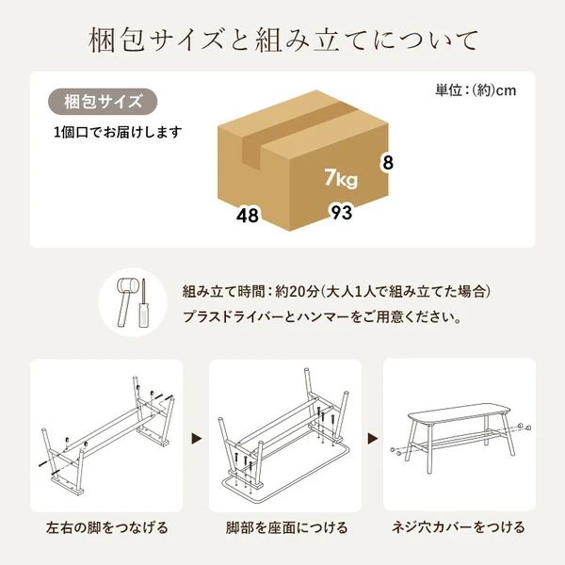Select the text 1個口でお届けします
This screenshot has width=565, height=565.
click(117, 132)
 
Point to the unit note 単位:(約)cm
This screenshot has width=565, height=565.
click(476, 90)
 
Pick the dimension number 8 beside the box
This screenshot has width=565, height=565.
click(387, 163)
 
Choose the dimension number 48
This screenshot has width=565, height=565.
click(248, 215)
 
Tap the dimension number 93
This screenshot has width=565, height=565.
click(341, 212)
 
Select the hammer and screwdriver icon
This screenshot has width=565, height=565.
click(129, 301)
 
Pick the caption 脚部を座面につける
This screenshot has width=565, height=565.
click(282, 527)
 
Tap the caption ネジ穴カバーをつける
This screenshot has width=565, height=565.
click(459, 527)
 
